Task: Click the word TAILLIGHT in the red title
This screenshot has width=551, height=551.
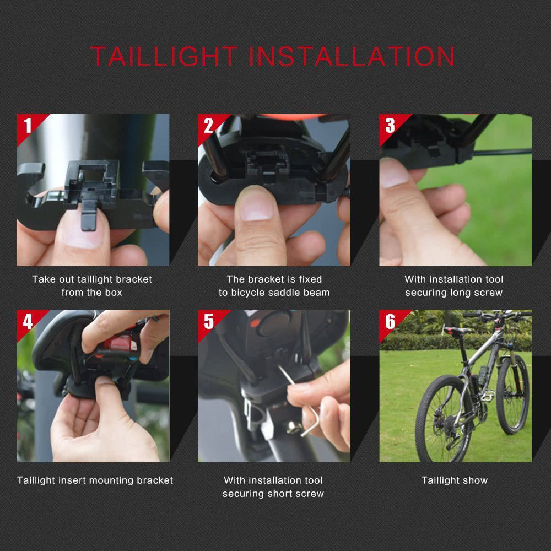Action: coord(164,57)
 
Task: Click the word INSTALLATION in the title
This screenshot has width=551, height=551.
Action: coord(353,57)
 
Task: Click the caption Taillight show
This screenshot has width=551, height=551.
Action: coord(455,480)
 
